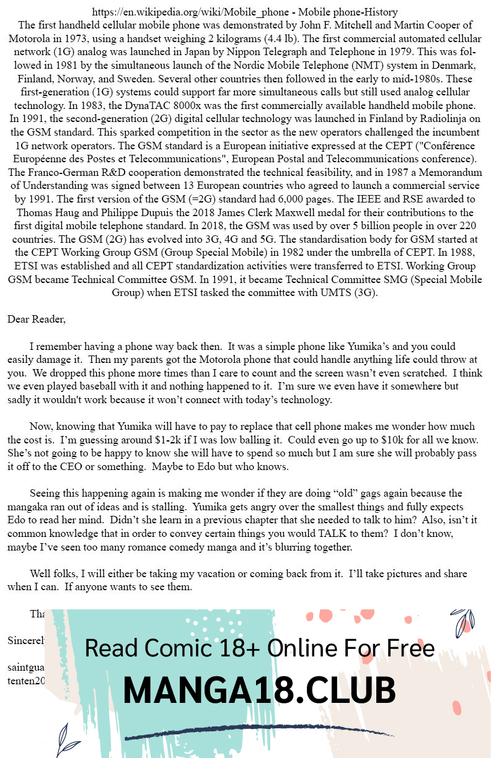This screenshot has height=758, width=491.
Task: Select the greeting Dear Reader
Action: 36,320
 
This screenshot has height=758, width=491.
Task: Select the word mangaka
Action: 27,507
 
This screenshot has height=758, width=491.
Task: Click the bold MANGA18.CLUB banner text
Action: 259,690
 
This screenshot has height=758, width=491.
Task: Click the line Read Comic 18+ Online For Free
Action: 259,648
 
